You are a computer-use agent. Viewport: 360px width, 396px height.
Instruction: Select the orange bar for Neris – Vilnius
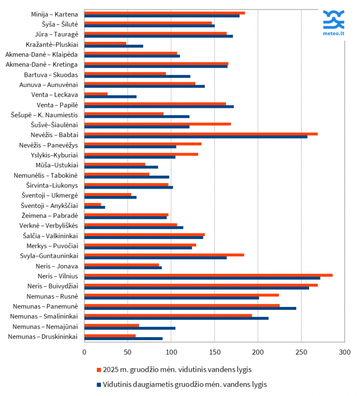[208, 275]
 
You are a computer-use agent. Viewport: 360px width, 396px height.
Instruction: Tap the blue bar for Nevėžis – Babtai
[196, 137]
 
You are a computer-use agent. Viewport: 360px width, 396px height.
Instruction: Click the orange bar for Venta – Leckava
[96, 93]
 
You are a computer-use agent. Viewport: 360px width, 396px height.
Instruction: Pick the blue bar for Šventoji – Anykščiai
[94, 207]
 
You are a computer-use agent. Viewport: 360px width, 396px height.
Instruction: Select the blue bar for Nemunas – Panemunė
[190, 308]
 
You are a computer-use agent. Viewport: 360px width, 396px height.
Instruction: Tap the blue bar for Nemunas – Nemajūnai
[130, 328]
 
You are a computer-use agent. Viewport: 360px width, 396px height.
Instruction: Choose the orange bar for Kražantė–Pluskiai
[105, 43]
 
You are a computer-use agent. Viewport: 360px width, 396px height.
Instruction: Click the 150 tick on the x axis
[214, 352]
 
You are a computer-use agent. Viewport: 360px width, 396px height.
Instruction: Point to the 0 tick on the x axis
[85, 352]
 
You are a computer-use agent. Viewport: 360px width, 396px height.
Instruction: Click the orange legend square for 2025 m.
[99, 369]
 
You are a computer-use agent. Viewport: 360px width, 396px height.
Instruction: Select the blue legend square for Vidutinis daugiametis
[99, 384]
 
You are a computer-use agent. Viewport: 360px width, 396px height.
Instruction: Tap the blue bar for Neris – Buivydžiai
[196, 288]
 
